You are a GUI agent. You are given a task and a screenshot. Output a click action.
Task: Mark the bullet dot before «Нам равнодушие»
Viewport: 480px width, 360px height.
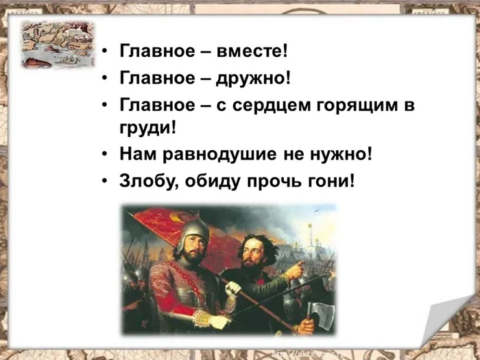point(104,155)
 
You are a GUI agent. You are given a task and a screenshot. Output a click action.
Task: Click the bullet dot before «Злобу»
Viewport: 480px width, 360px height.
point(104,183)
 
